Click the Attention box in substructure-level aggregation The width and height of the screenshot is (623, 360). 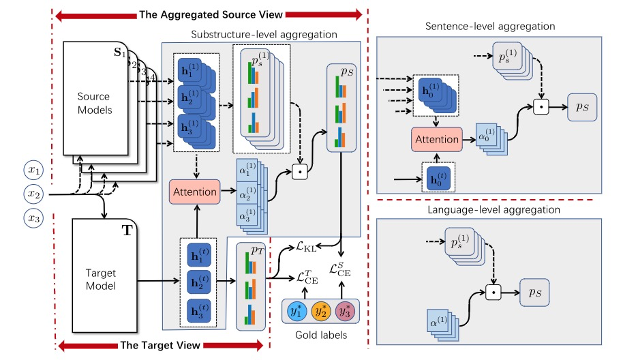click(x=196, y=192)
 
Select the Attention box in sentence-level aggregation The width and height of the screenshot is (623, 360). click(x=437, y=139)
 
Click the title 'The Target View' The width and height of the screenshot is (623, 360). click(x=158, y=345)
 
